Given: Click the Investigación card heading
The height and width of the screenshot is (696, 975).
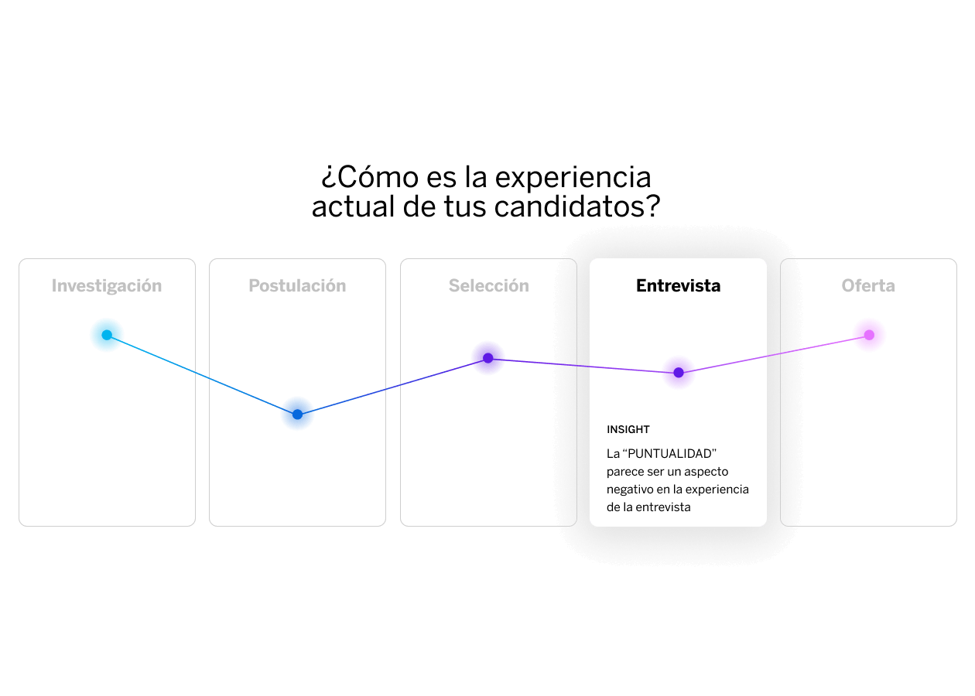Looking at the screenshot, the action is tap(107, 286).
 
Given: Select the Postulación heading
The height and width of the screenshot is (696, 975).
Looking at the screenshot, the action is tap(297, 286).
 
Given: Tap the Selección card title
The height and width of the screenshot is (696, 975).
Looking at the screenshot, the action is tap(489, 286).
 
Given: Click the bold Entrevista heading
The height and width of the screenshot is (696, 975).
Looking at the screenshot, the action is tap(678, 286).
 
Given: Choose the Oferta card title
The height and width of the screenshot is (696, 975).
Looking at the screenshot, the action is tap(868, 286).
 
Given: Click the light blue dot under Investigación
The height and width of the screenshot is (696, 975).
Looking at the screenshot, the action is tap(107, 335).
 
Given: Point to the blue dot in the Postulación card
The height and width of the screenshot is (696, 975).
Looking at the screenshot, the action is tap(297, 415).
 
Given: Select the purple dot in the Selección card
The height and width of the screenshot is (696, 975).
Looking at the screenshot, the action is tap(488, 358).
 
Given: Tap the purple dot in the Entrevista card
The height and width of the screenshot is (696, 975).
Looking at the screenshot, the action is tap(679, 373).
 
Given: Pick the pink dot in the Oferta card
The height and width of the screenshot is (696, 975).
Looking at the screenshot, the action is tap(869, 335).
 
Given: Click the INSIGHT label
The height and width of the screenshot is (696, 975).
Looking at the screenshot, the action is tap(628, 430).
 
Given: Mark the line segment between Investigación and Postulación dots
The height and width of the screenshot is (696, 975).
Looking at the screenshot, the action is tap(202, 375).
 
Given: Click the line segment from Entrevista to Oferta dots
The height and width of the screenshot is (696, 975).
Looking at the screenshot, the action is tap(774, 353).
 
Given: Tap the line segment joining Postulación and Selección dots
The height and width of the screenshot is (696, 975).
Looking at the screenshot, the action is tap(392, 387).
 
